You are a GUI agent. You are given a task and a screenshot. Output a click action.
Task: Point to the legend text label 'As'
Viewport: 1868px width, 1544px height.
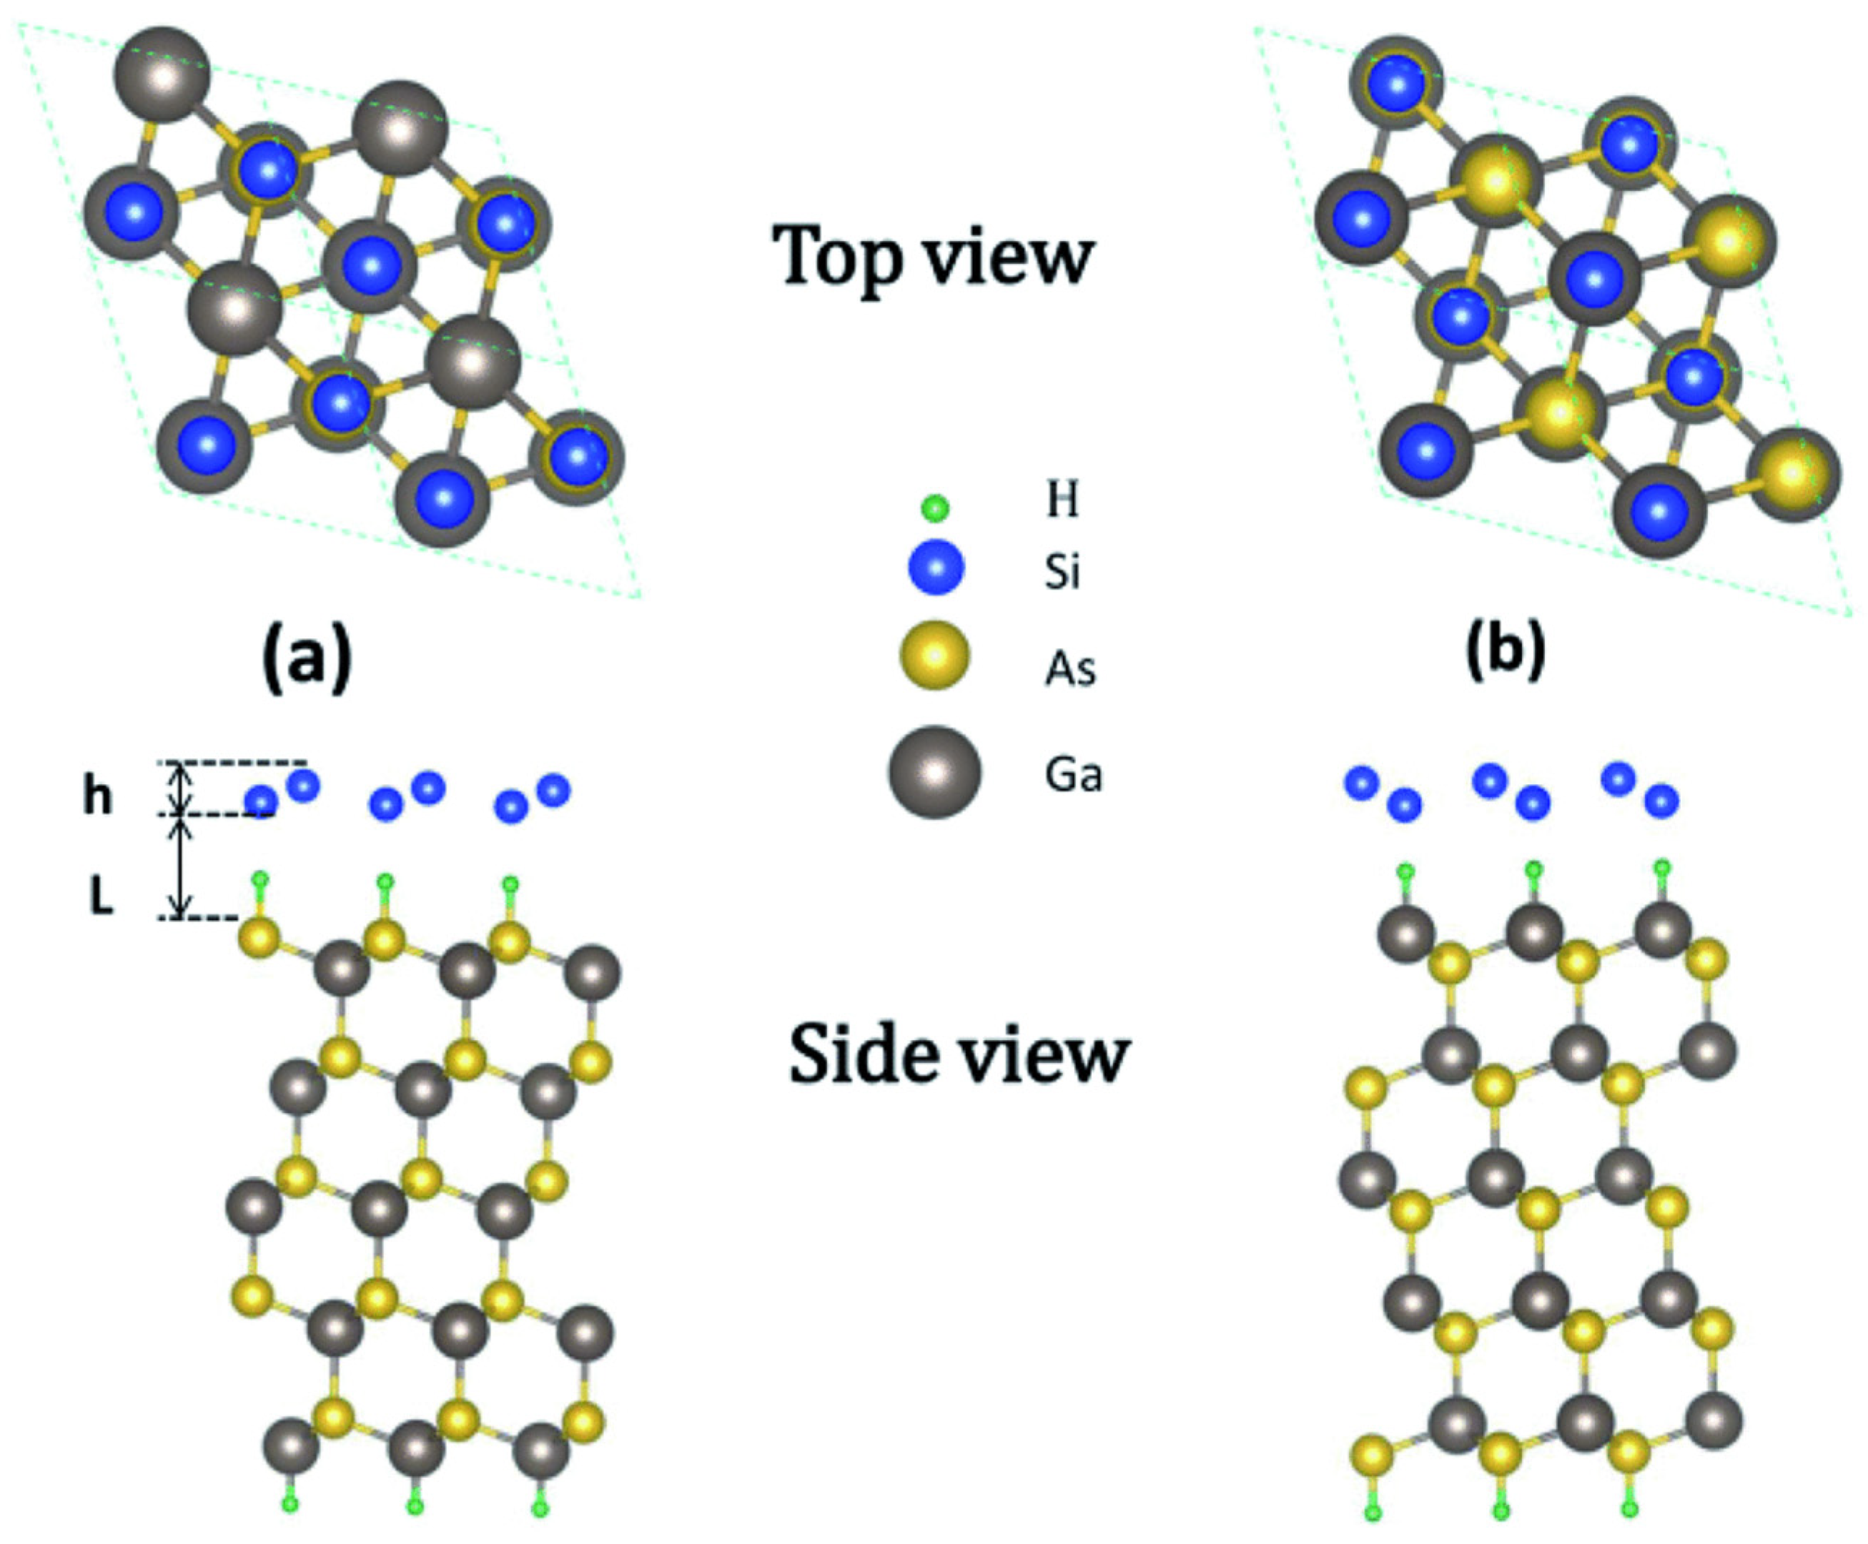pos(1069,667)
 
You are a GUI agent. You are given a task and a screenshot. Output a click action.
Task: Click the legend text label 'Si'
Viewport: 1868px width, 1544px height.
pos(1062,571)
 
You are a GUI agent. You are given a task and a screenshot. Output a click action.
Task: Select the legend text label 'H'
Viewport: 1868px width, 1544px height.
pos(1062,500)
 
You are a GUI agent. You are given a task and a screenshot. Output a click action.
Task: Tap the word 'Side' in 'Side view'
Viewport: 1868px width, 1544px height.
pos(859,1055)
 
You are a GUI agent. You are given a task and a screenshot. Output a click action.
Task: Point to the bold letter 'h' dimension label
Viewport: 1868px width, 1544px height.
pos(98,795)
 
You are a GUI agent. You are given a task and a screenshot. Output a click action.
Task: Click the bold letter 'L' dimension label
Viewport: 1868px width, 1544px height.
pos(102,899)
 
